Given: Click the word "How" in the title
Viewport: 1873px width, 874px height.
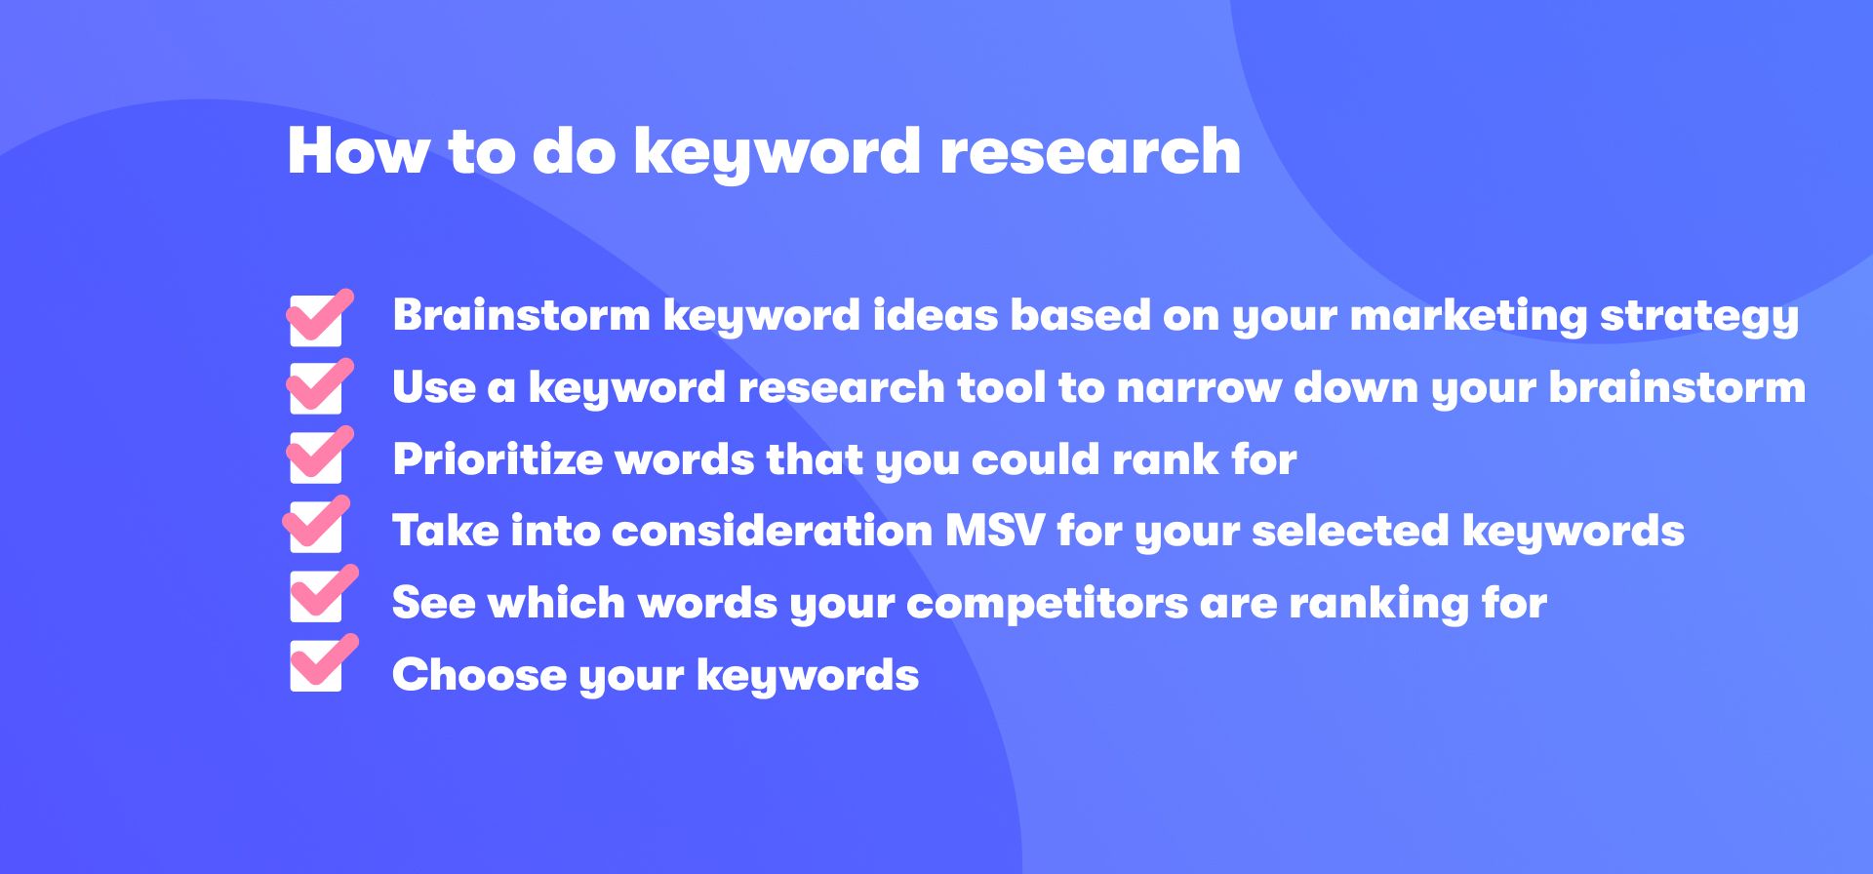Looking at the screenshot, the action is click(x=358, y=151).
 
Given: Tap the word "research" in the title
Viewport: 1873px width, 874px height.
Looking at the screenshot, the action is click(x=1090, y=151).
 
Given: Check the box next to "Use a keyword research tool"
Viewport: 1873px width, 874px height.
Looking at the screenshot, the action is click(x=318, y=386).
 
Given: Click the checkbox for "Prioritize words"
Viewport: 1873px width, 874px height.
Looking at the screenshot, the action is click(x=318, y=456).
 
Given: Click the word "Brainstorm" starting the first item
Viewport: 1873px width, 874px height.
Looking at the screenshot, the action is click(x=521, y=315).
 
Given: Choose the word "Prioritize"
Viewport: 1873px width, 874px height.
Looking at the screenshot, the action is click(x=498, y=459).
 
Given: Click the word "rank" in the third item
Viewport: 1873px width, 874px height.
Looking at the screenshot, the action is click(x=1166, y=459).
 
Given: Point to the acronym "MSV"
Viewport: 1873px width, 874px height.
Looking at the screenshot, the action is click(x=994, y=532).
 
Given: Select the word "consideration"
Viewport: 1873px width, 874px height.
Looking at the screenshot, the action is click(x=772, y=532).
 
